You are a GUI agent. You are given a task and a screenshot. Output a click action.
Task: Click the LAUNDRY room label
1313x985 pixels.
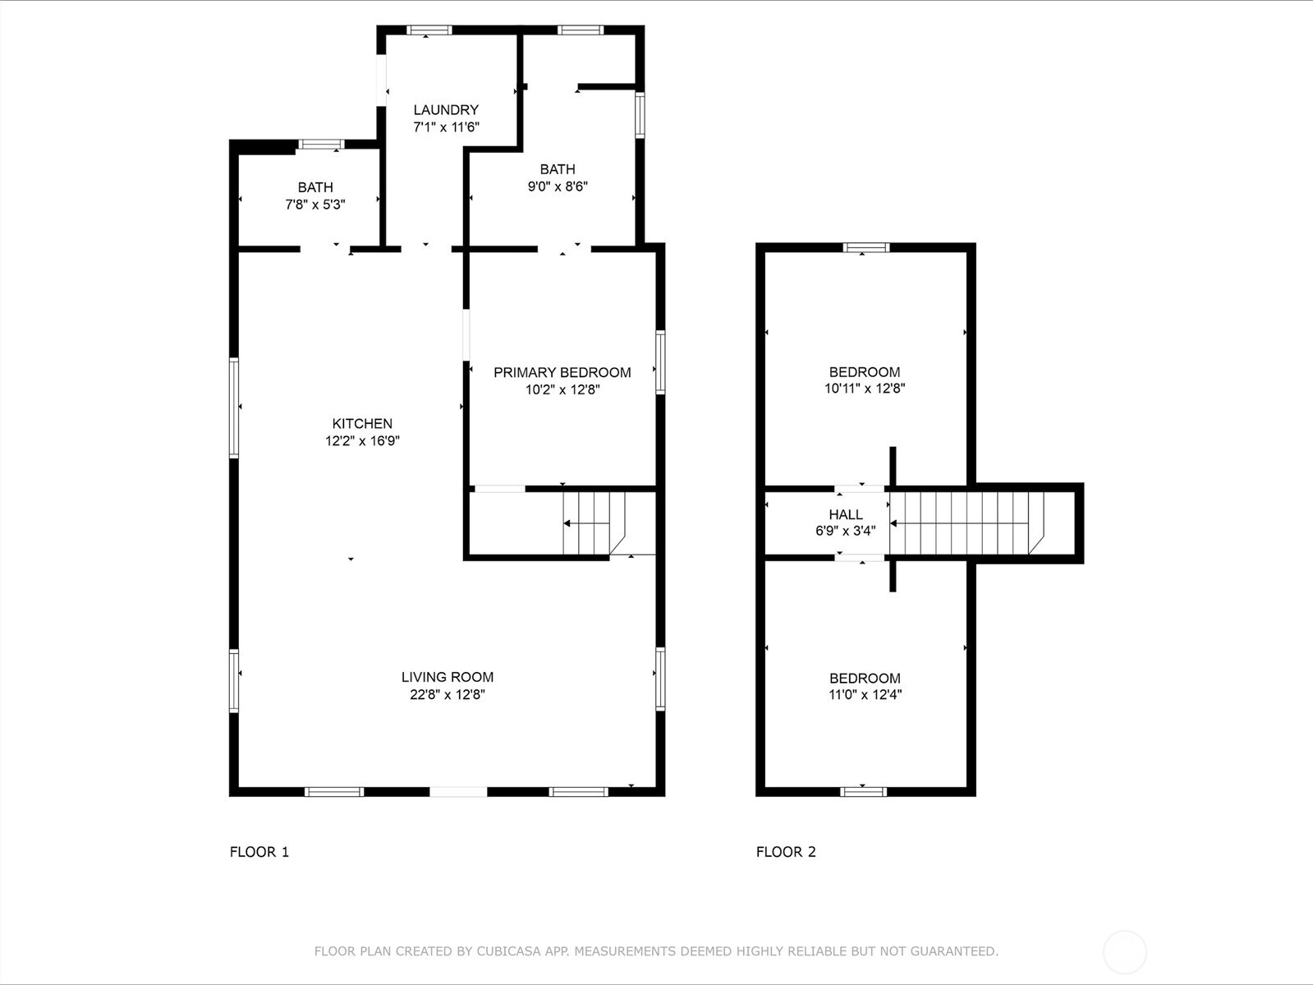(446, 110)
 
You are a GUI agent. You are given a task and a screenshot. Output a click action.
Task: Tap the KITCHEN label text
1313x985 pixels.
(362, 424)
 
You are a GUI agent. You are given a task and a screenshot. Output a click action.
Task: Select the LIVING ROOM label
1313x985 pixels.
(448, 677)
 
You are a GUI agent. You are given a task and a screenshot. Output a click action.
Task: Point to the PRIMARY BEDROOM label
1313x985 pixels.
(562, 372)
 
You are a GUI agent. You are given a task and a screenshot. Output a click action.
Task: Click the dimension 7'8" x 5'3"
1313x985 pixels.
(315, 205)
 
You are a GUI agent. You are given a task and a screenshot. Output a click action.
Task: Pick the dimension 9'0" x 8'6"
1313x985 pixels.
(558, 186)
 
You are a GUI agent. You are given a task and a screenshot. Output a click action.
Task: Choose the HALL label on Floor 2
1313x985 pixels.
(846, 514)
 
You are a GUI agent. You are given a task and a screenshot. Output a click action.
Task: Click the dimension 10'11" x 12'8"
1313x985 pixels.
(865, 389)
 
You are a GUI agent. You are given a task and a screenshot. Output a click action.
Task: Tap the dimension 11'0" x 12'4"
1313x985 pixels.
(865, 695)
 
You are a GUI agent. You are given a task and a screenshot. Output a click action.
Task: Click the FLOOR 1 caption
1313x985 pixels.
(259, 852)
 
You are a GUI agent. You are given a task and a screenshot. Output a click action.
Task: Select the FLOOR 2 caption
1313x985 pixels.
(786, 852)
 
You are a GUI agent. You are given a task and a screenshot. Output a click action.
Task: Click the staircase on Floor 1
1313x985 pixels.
(594, 523)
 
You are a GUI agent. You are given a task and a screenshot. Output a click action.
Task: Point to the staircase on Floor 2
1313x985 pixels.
(966, 523)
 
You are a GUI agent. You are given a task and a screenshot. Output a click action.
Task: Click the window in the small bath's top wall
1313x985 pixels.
(321, 145)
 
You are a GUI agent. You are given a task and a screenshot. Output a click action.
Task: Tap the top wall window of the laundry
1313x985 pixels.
(429, 30)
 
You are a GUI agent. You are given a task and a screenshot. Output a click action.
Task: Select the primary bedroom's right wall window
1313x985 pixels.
(660, 362)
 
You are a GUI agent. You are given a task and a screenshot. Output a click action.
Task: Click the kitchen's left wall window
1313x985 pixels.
(234, 407)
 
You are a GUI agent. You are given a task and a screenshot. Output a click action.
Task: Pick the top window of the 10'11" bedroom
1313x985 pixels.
(866, 247)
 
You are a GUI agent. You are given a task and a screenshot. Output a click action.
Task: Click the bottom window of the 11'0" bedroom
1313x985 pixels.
(863, 792)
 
